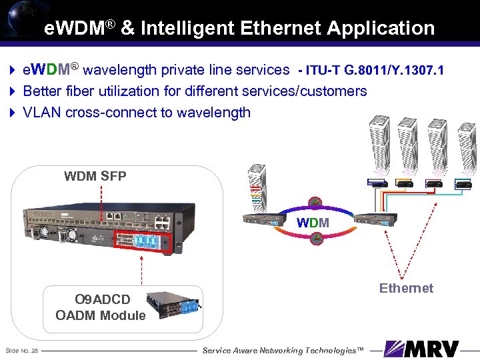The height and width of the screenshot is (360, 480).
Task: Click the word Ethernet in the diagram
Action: (406, 288)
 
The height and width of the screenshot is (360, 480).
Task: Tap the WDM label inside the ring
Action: (313, 222)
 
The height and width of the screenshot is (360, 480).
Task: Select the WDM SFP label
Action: (95, 176)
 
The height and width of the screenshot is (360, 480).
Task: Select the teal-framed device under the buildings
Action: (462, 183)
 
